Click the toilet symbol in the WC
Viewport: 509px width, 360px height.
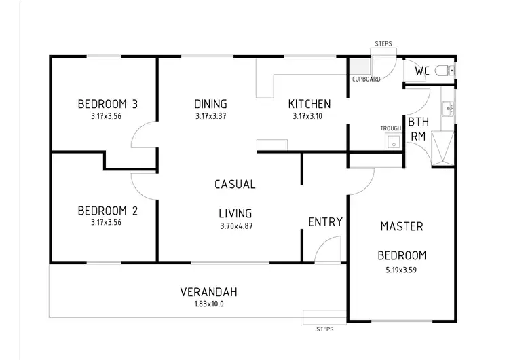(x=443, y=70)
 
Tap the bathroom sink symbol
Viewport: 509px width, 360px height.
(x=447, y=107)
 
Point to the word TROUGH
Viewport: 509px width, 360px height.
(x=390, y=128)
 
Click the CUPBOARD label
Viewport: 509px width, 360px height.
(x=366, y=79)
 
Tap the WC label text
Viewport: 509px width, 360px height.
(x=421, y=71)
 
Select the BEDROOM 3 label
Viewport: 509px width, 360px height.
(x=108, y=104)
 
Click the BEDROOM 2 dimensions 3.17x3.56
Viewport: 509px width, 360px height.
(x=108, y=222)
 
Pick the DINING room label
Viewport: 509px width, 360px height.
(x=210, y=104)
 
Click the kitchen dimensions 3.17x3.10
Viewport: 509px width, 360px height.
(x=309, y=116)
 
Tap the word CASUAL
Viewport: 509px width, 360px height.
(x=235, y=184)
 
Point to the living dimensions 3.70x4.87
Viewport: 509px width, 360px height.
(x=235, y=226)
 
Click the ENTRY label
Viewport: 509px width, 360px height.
(x=325, y=222)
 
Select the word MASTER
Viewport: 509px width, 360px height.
(x=402, y=226)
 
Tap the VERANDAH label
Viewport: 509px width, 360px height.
(x=208, y=293)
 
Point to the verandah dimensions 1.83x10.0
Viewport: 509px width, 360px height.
(x=208, y=304)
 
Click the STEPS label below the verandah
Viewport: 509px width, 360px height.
(x=325, y=329)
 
